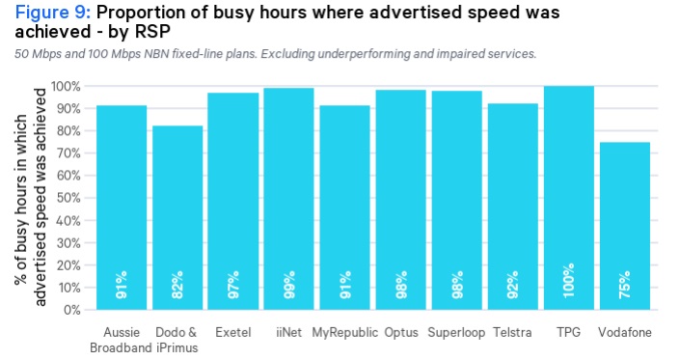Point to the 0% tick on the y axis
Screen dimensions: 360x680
[70, 310]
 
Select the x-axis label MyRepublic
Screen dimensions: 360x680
[344, 332]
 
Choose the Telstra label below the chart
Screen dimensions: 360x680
[512, 332]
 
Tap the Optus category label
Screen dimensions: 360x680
[400, 332]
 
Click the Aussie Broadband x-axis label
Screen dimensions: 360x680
[122, 340]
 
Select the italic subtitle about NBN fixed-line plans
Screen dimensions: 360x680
[275, 53]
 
